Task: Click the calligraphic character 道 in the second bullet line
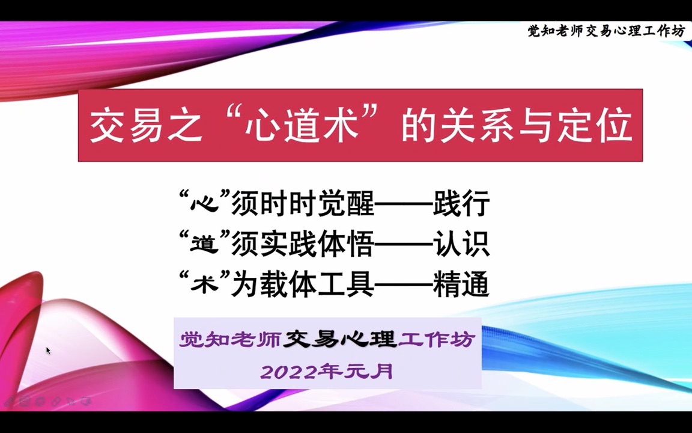click(198, 245)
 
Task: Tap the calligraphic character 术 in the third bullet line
click(198, 284)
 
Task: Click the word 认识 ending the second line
click(461, 245)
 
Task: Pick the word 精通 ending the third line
click(461, 284)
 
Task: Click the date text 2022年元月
click(327, 372)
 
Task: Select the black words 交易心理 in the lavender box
click(340, 340)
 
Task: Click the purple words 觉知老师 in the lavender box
click(230, 340)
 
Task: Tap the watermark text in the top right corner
click(605, 31)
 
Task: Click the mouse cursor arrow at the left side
click(48, 350)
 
